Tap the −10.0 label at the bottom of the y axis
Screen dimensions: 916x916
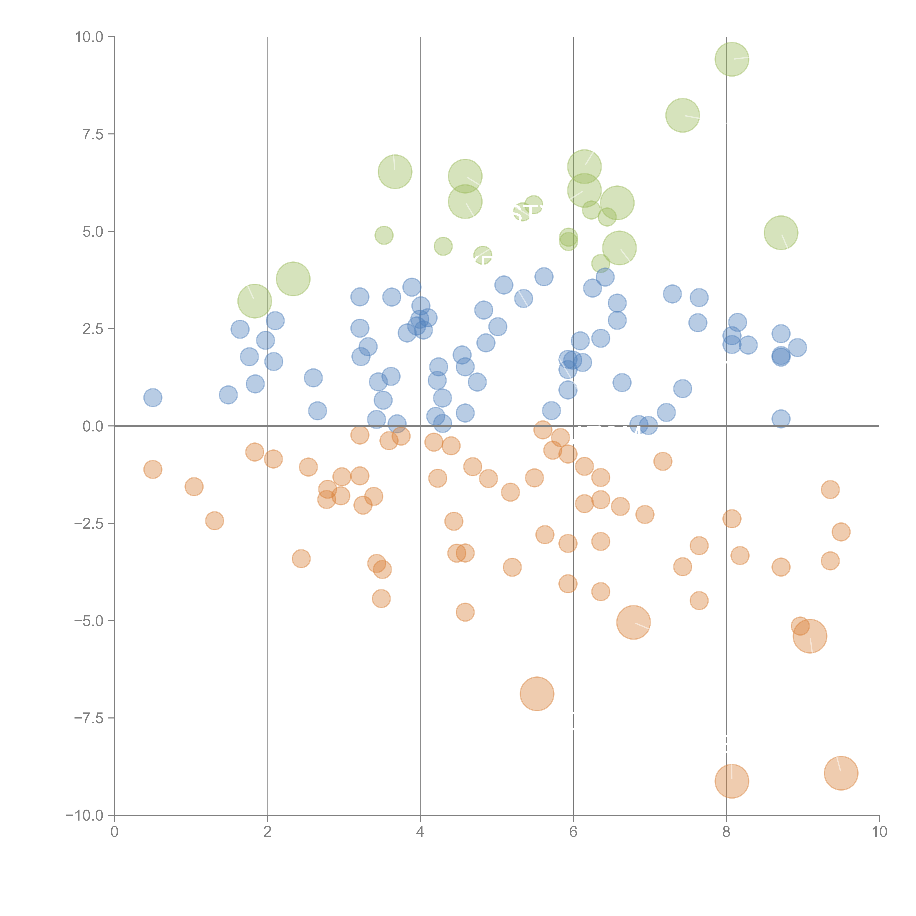pyautogui.click(x=84, y=815)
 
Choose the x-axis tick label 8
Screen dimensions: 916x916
pyautogui.click(x=726, y=832)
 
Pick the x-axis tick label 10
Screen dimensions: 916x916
pyautogui.click(x=879, y=832)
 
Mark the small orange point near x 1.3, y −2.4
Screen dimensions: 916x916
pyautogui.click(x=214, y=521)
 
